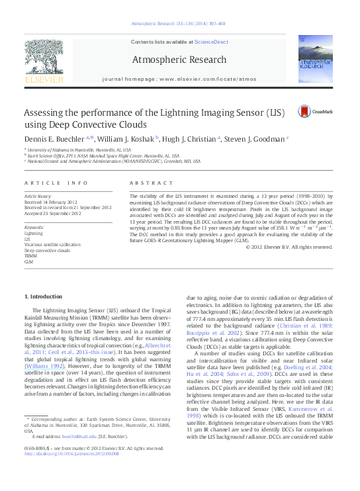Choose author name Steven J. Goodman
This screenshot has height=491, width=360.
(x=255, y=139)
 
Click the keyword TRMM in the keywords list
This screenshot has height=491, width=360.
(x=30, y=257)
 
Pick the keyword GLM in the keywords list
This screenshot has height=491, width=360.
(x=28, y=262)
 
